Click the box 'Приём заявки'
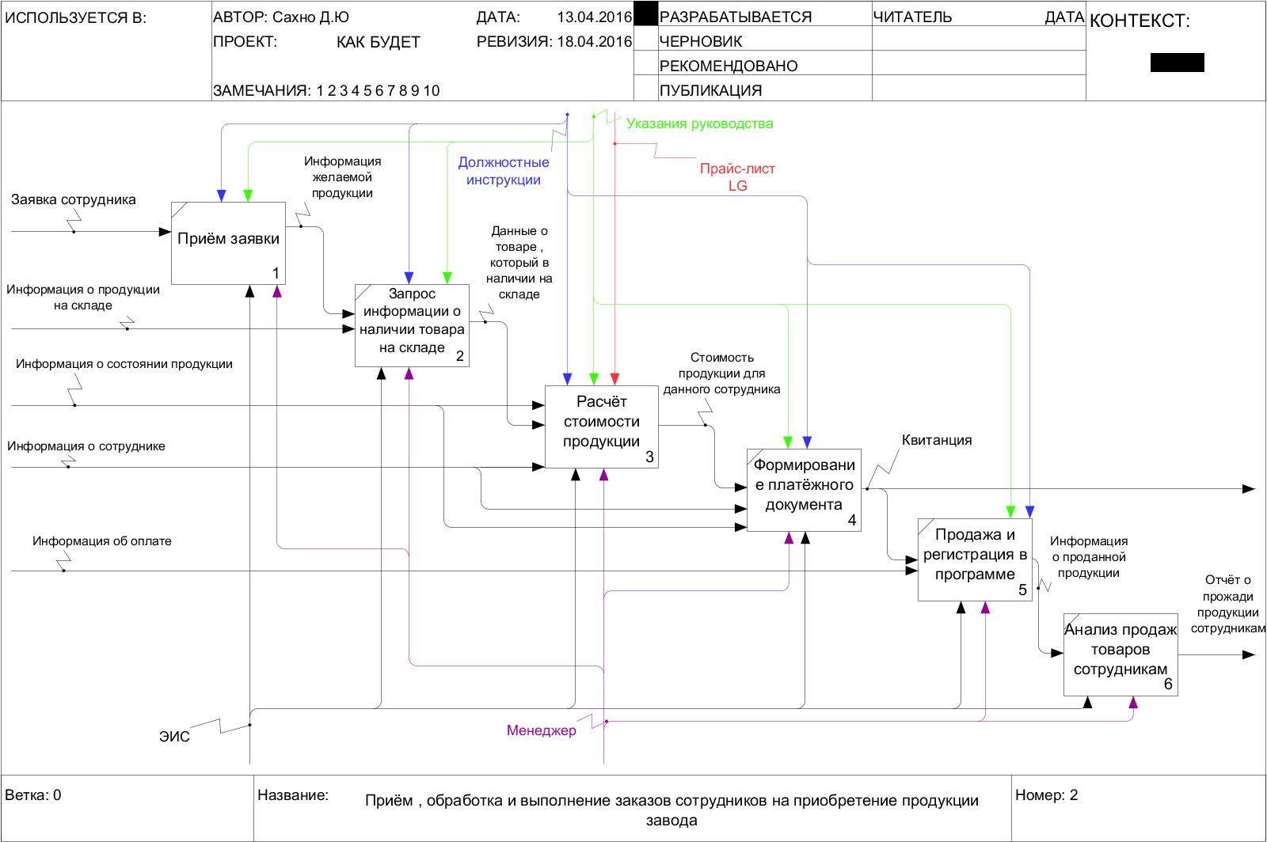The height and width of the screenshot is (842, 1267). coord(228,243)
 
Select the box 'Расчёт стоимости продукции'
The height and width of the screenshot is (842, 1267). coord(601,427)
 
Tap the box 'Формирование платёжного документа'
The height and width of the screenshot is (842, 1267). coord(803,490)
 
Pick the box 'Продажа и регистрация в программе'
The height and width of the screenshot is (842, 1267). coord(975,559)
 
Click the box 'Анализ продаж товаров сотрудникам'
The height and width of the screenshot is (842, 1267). coord(1120,654)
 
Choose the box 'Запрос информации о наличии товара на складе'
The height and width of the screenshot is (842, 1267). coord(412,325)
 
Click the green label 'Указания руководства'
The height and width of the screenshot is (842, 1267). coord(699,123)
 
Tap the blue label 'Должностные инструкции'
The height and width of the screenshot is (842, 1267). coord(503,171)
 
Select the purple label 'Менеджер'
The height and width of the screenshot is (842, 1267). coord(542,730)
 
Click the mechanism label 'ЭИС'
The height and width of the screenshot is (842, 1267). coord(174,737)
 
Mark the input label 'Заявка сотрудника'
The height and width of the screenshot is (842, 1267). coord(74,199)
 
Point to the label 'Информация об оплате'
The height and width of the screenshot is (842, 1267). coord(102,541)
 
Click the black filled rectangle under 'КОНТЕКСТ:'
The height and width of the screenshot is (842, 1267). coord(1177,63)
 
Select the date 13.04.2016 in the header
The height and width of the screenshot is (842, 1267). coord(594,17)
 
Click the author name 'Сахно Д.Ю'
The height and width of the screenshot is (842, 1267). coord(310,17)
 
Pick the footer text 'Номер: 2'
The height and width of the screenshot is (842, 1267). coord(1046,795)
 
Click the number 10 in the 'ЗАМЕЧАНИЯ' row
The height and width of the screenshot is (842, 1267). coord(431,90)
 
